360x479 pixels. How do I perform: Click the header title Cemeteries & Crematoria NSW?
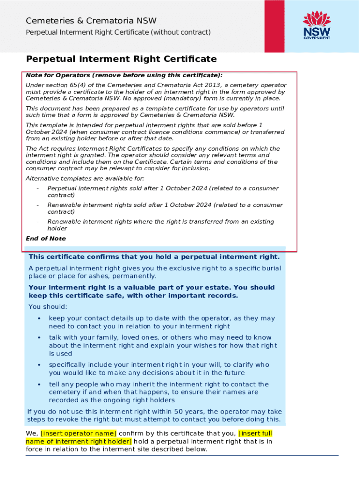(x=91, y=21)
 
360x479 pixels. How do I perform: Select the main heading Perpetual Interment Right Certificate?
(x=121, y=59)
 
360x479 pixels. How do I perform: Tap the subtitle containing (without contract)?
(x=118, y=32)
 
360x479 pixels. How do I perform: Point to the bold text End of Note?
(x=46, y=239)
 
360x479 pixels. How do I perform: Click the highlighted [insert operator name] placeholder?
(x=79, y=433)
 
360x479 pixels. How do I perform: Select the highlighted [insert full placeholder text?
(x=255, y=433)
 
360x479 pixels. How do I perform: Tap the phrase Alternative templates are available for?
(x=85, y=179)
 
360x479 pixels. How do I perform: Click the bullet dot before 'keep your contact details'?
(x=39, y=319)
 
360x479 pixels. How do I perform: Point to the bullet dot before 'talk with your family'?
(x=39, y=338)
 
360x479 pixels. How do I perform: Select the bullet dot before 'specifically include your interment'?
(x=39, y=365)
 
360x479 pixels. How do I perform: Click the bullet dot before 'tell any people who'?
(x=39, y=385)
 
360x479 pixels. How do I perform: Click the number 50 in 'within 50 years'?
(x=179, y=412)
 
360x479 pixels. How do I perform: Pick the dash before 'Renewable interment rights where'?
(x=37, y=222)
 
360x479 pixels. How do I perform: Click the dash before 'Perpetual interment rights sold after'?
(x=37, y=189)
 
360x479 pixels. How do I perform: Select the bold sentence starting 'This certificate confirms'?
(x=154, y=257)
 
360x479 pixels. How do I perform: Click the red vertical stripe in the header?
(x=274, y=26)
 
